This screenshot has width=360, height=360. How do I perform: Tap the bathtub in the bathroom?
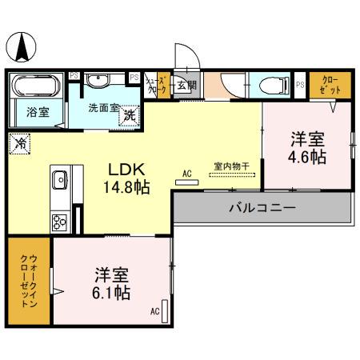point(37,84)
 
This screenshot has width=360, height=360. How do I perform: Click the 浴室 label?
point(36,113)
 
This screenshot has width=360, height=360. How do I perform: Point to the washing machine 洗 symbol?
point(130,114)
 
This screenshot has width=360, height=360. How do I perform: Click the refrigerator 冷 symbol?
point(19,145)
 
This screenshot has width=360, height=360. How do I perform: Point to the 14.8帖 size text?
point(126,189)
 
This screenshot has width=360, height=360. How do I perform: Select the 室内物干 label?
point(231,166)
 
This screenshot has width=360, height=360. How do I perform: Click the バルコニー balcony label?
point(262,207)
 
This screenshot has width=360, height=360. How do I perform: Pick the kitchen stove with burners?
point(60,222)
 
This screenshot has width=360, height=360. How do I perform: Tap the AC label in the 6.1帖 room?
point(154,311)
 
